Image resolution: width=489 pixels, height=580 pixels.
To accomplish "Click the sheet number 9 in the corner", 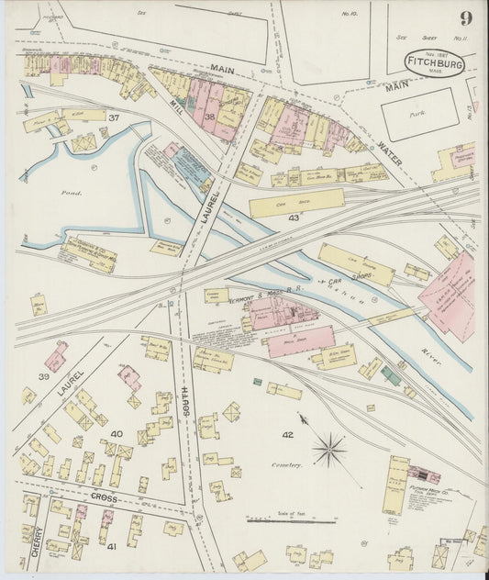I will coord(466,18).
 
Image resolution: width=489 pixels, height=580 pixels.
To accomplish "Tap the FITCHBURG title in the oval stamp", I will coord(435,65).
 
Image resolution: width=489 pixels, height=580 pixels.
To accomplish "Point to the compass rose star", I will coord(328,450).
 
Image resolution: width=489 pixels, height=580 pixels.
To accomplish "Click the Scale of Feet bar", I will coord(291,521).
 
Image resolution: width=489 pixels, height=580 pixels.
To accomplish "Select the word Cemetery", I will coord(286,465).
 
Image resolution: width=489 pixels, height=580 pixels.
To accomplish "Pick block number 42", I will coord(287,434).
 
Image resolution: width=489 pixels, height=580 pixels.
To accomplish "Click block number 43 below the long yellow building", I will coord(294,218).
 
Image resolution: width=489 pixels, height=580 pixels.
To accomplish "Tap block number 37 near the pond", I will coord(114,118).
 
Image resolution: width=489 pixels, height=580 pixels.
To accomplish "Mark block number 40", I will coord(116,432).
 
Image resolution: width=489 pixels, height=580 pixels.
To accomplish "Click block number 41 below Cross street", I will coord(112,546).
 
